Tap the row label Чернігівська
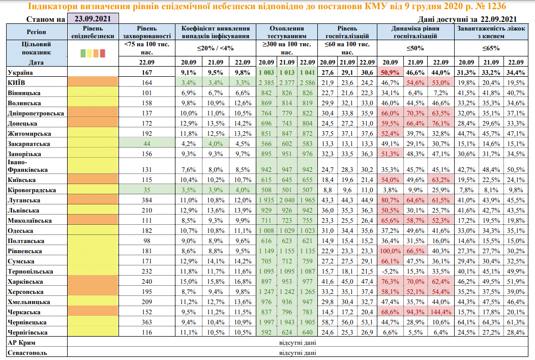[x=28, y=332]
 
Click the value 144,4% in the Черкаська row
[x=440, y=312]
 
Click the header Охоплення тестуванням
[x=286, y=32]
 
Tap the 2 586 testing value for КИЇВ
[x=307, y=82]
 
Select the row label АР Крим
[x=21, y=342]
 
